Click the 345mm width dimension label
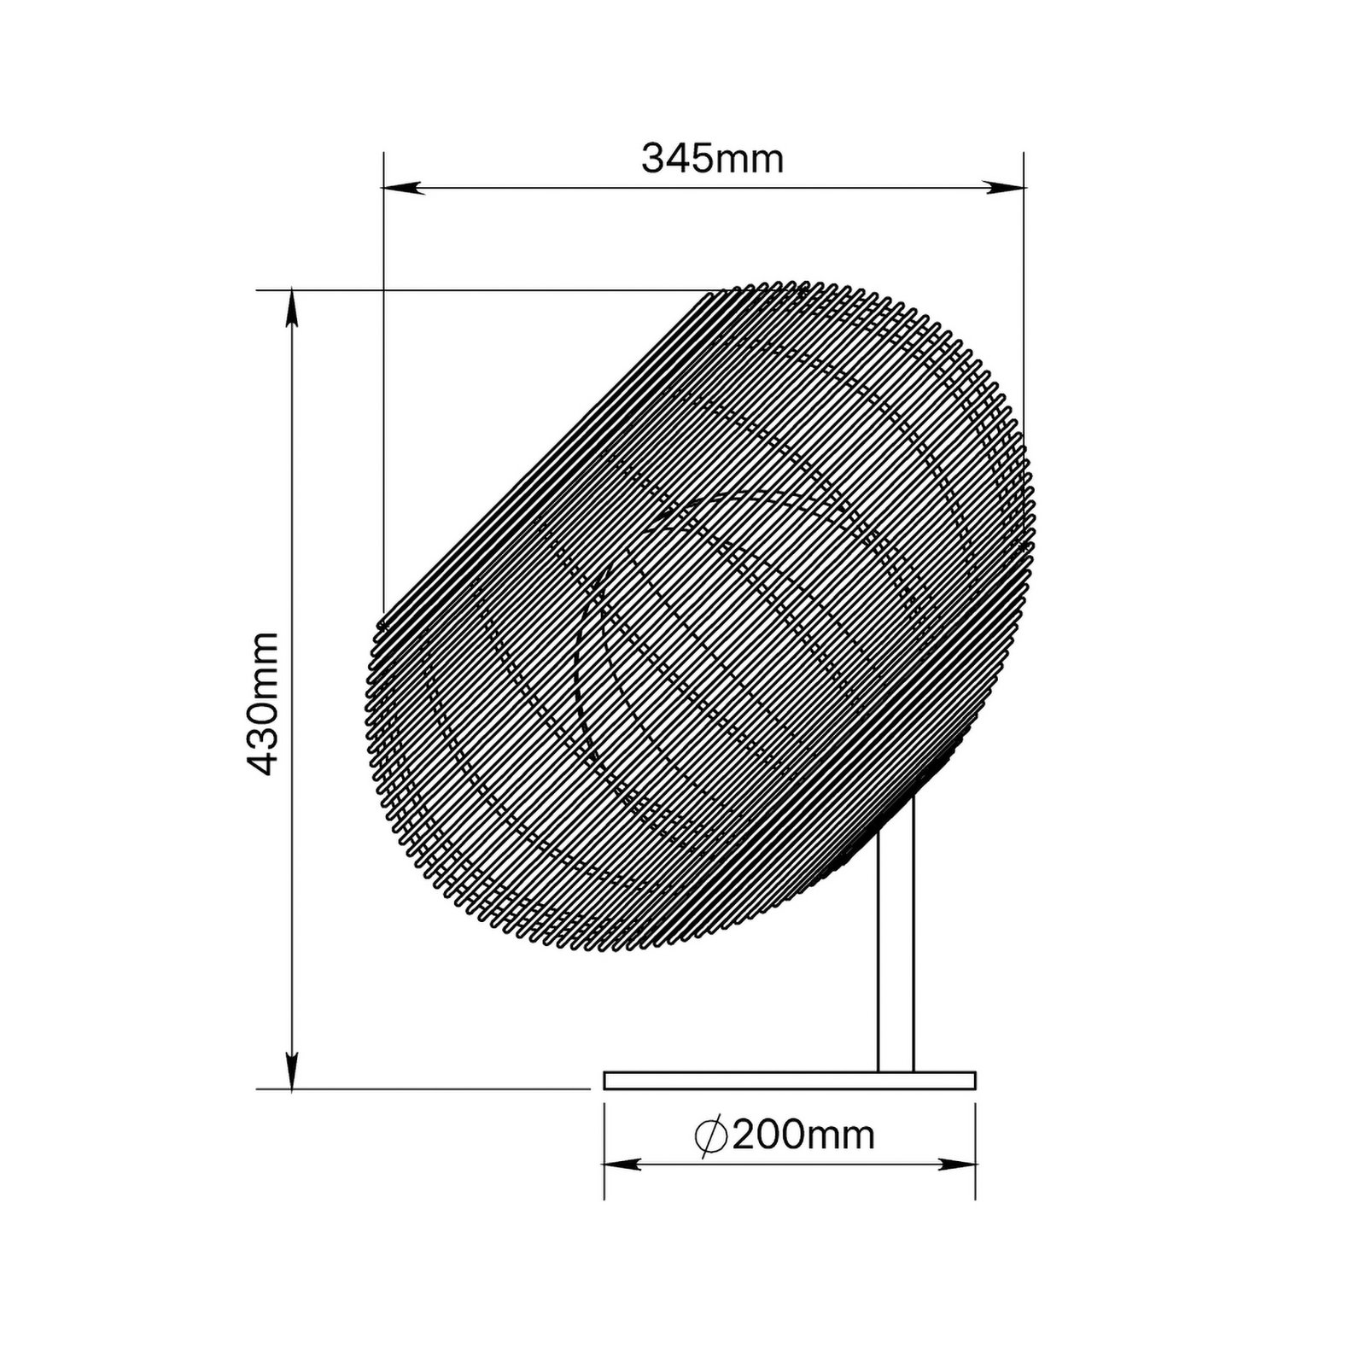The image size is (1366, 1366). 712,159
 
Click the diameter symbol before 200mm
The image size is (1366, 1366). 710,1136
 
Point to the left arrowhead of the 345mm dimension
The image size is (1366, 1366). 404,188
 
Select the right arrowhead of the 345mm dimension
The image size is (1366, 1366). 1003,188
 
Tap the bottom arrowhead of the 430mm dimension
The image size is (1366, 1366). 292,1069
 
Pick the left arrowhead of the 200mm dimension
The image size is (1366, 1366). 623,1165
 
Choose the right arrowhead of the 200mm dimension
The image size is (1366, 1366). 955,1165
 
